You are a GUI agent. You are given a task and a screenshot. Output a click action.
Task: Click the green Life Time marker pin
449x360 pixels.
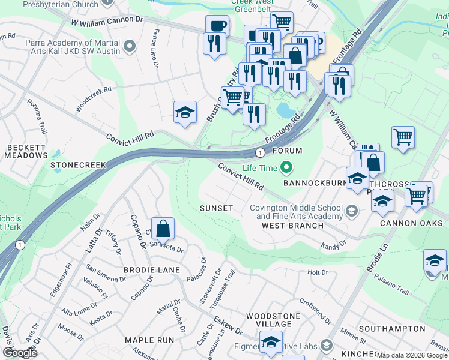pos(287,167)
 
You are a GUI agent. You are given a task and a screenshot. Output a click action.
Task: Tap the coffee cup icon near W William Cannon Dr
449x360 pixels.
pos(217,27)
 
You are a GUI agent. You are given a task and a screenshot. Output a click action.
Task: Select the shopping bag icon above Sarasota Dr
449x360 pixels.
pos(163,229)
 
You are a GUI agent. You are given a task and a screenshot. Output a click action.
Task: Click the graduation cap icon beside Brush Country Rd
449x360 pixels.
pos(185,112)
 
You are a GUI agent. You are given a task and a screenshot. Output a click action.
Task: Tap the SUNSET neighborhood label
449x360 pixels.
pos(216,208)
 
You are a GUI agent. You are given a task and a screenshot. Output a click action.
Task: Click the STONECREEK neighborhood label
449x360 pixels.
pos(78,164)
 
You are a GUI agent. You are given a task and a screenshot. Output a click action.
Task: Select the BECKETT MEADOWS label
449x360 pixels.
pos(26,151)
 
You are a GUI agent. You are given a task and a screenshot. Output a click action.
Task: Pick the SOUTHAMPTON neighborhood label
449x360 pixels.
pos(393,329)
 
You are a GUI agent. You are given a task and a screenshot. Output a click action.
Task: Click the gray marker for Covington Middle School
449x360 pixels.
pos(351,211)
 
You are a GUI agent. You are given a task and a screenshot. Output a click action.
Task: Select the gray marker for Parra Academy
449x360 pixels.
pos(128,45)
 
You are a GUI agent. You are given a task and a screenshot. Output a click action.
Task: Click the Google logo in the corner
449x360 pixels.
pos(20,352)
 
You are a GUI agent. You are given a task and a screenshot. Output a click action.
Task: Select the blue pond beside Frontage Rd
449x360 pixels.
pos(286,110)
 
